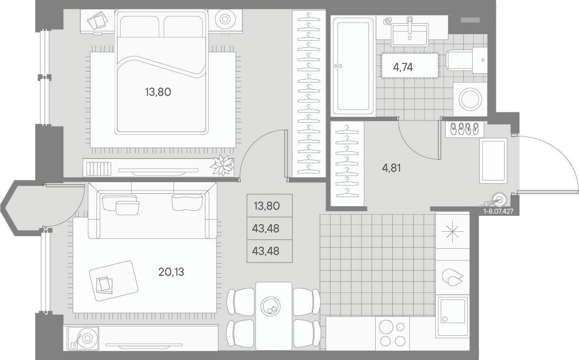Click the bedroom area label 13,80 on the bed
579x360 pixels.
point(158,92)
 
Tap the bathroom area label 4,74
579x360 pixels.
point(403,67)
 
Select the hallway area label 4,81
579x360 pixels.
point(391,168)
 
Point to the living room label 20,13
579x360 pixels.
point(171,272)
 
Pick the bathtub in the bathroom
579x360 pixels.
point(351,66)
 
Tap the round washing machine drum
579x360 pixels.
point(470,99)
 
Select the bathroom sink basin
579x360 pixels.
point(409,35)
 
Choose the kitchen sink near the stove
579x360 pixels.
point(453,317)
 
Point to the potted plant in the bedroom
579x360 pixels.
point(223,165)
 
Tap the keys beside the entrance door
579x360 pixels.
point(494,201)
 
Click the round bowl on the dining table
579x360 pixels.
point(270,306)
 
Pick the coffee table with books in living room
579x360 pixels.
point(113,281)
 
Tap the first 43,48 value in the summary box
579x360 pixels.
point(266,228)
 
